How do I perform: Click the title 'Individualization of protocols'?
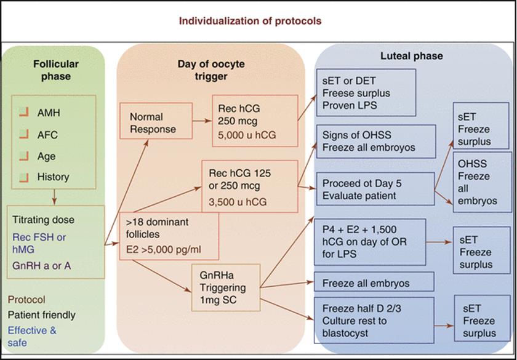pyautogui.click(x=250, y=21)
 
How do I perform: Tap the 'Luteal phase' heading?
pyautogui.click(x=412, y=56)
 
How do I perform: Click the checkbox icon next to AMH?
pyautogui.click(x=24, y=113)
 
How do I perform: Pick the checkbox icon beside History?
pyautogui.click(x=24, y=177)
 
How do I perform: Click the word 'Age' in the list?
pyautogui.click(x=47, y=156)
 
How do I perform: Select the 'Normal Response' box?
pyautogui.click(x=156, y=121)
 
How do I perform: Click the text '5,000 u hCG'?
pyautogui.click(x=247, y=135)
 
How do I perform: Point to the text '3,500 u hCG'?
pyautogui.click(x=238, y=201)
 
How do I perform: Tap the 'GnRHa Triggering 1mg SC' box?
pyautogui.click(x=226, y=287)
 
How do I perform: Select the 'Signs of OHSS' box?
pyautogui.click(x=376, y=142)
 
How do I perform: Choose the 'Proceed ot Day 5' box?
pyautogui.click(x=375, y=190)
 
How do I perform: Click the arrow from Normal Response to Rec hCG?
pyautogui.click(x=202, y=121)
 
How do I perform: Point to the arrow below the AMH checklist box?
pyautogui.click(x=55, y=197)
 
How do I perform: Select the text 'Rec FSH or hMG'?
pyautogui.click(x=39, y=243)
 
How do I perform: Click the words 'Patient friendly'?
pyautogui.click(x=42, y=315)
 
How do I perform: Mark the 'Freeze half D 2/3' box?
pyautogui.click(x=374, y=320)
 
